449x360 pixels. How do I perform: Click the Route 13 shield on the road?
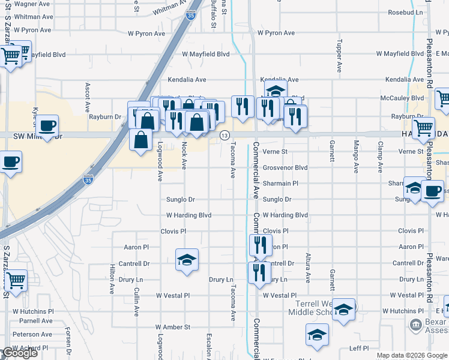tap(224, 136)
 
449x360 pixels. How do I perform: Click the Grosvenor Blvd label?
tap(285, 168)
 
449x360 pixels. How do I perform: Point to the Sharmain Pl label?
tap(280, 184)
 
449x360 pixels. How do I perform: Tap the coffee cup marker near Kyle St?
tap(47, 127)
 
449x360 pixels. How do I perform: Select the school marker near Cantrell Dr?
tap(187, 260)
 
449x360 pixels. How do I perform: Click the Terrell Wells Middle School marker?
tap(344, 310)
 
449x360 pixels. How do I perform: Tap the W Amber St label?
tap(173, 327)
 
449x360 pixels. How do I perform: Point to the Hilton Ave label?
tap(112, 280)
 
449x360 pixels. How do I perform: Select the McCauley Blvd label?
tap(402, 98)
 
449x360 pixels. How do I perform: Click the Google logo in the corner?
tap(19, 353)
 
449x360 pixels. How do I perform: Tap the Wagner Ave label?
tap(25, 4)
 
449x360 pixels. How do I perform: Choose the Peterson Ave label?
tap(33, 335)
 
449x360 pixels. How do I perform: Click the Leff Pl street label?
tap(358, 348)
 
